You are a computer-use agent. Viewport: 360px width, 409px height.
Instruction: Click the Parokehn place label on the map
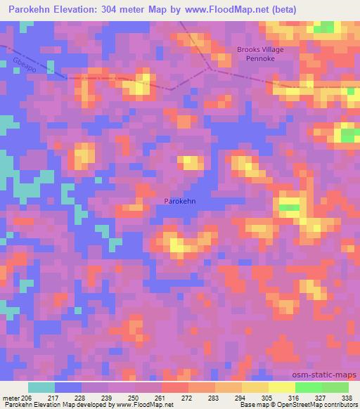click(x=180, y=200)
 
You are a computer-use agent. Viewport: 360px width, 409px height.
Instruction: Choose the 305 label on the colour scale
click(x=268, y=398)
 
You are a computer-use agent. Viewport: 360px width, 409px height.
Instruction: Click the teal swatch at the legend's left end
click(x=41, y=387)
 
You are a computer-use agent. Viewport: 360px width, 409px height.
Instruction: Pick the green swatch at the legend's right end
click(x=335, y=387)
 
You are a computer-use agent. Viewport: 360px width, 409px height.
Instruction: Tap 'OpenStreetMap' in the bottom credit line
click(x=304, y=405)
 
